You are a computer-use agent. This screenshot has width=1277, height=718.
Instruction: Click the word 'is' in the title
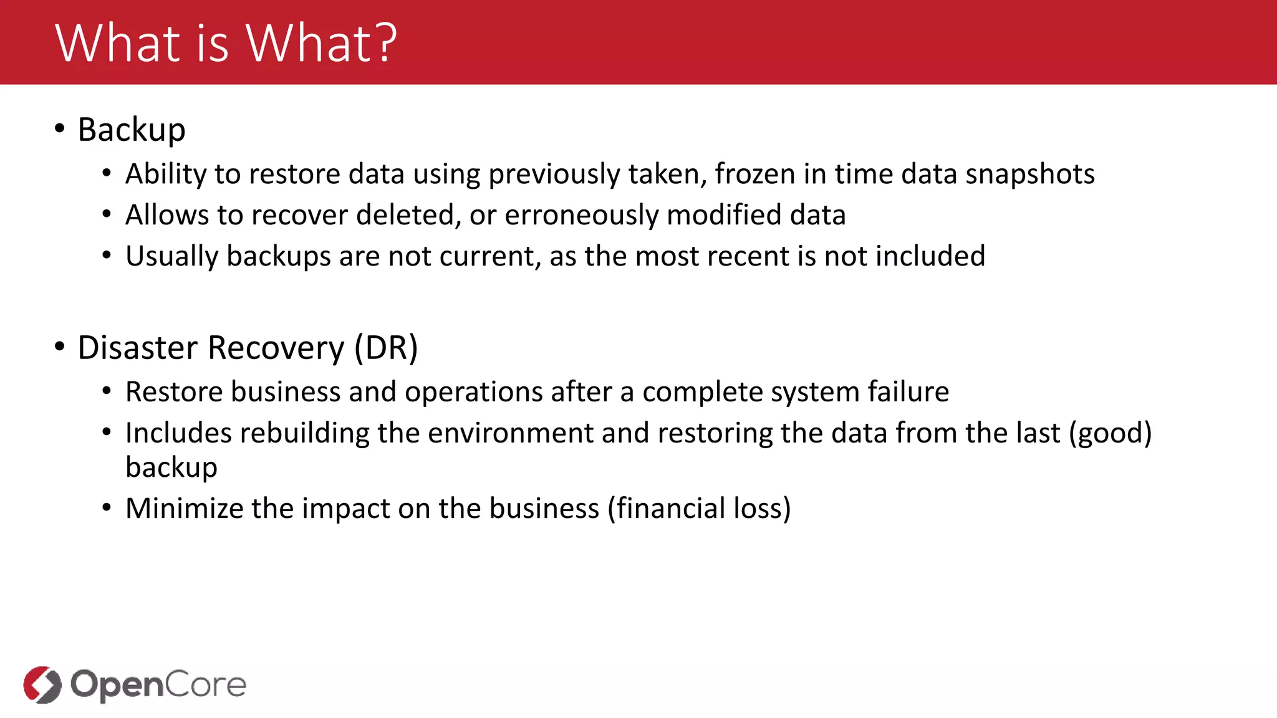[213, 44]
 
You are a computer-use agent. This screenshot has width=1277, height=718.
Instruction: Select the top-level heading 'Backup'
[132, 130]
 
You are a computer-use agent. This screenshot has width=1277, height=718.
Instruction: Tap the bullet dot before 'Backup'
[59, 128]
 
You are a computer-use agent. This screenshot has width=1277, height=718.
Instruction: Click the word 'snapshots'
[1029, 174]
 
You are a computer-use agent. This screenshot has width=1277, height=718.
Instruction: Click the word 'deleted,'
[408, 215]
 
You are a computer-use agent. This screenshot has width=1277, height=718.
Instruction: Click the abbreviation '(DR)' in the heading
[386, 348]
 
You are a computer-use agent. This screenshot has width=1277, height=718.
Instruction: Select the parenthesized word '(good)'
[1110, 433]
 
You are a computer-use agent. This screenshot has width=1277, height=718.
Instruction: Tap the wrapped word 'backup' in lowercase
[171, 468]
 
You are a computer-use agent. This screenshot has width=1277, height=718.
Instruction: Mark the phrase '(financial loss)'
[699, 509]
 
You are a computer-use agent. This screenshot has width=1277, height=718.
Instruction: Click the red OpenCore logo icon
[42, 684]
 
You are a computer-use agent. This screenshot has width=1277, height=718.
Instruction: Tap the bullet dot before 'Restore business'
[107, 391]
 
